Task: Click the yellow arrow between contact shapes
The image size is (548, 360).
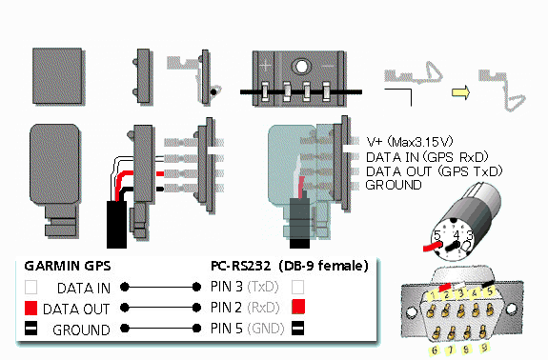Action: click(x=460, y=92)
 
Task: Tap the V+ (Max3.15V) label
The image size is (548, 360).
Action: click(x=410, y=142)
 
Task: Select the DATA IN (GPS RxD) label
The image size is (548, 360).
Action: click(x=427, y=157)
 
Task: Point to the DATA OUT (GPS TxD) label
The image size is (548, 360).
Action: click(x=434, y=171)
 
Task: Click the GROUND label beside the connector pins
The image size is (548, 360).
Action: click(x=394, y=185)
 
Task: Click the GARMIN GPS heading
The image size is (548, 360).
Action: click(x=68, y=266)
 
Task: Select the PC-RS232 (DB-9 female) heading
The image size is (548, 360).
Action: click(x=290, y=266)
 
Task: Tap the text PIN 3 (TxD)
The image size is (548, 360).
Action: click(x=245, y=287)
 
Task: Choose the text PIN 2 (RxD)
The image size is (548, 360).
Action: click(x=245, y=308)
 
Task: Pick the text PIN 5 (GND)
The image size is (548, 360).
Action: click(x=248, y=329)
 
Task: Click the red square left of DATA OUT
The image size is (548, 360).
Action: click(x=31, y=309)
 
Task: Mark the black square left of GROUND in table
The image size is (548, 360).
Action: click(x=31, y=329)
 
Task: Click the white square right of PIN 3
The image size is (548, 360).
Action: click(x=297, y=287)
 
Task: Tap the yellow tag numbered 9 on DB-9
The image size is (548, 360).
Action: click(x=484, y=348)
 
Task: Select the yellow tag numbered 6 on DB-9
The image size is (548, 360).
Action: click(x=435, y=350)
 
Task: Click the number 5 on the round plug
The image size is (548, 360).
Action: click(x=436, y=235)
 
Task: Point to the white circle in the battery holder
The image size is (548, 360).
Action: click(x=301, y=66)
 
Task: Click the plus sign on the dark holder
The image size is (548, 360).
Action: click(x=266, y=66)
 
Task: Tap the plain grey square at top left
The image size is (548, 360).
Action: click(x=57, y=76)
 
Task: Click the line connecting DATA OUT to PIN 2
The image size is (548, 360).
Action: click(x=160, y=308)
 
